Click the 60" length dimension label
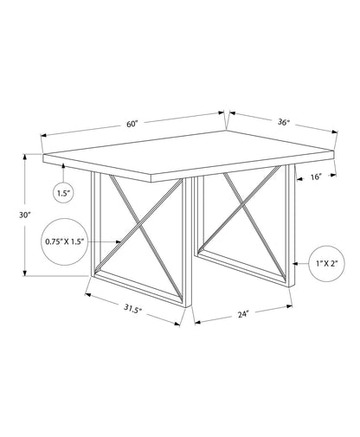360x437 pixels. click(132, 124)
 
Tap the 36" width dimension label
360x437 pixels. click(284, 122)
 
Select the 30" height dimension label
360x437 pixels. click(25, 215)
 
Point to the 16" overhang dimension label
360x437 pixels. click(316, 177)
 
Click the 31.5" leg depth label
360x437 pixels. click(133, 309)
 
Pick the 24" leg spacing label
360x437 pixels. click(243, 314)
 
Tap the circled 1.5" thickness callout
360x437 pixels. click(64, 193)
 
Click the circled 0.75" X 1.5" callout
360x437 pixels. click(65, 241)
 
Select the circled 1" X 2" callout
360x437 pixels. click(327, 263)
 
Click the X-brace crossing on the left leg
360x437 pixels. click(140, 225)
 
